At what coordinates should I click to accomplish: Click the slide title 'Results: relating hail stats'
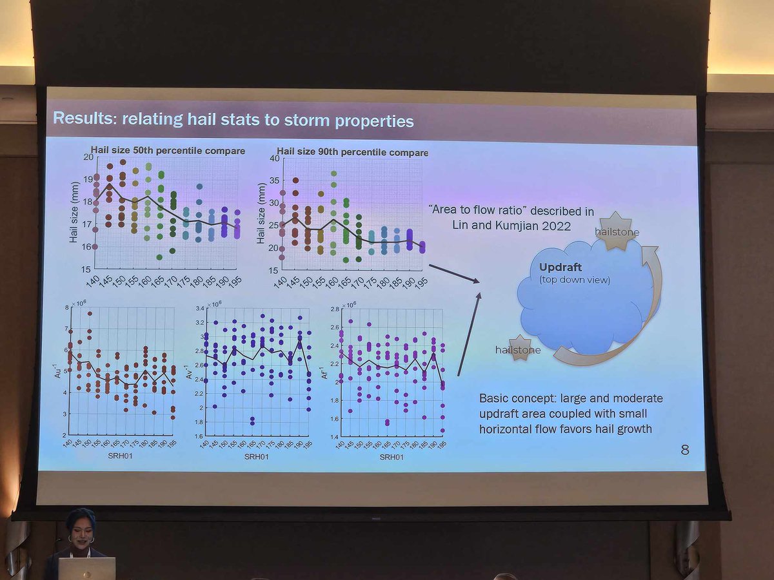(x=233, y=120)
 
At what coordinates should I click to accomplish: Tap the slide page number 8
(x=684, y=450)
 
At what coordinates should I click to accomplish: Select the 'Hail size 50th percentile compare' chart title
(x=168, y=151)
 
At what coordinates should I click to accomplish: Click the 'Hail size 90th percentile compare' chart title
(x=352, y=153)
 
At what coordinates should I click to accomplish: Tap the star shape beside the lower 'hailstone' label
(x=519, y=347)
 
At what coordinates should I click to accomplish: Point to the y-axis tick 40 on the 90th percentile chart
(x=273, y=159)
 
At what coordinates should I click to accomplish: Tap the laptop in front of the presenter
(x=86, y=569)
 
